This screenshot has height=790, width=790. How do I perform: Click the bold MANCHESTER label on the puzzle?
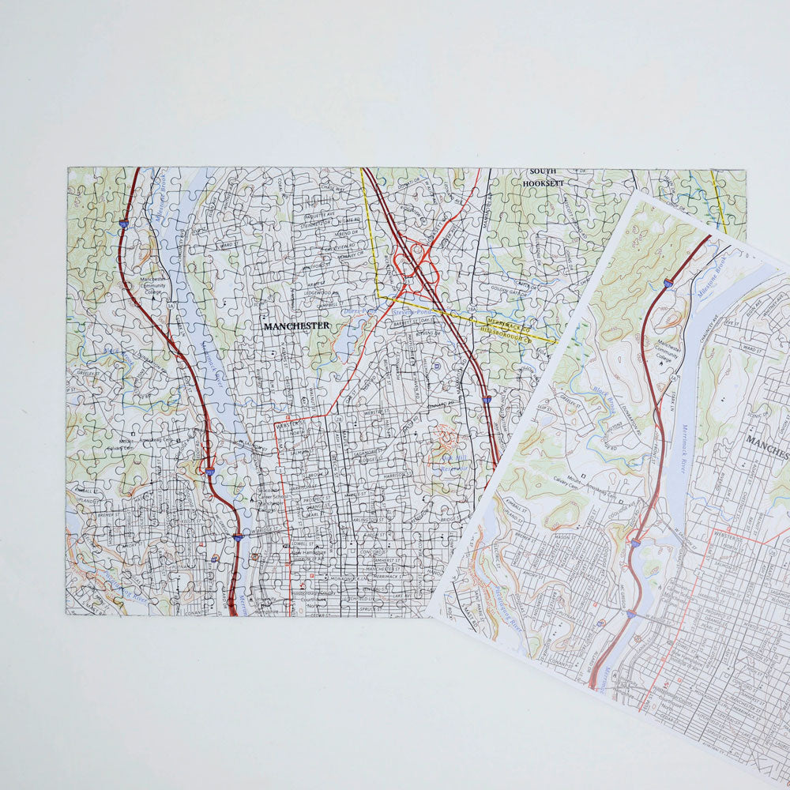pos(296,325)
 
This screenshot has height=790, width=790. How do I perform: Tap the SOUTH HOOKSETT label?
pos(543,177)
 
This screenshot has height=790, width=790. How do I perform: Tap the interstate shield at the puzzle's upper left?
pos(122,224)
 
